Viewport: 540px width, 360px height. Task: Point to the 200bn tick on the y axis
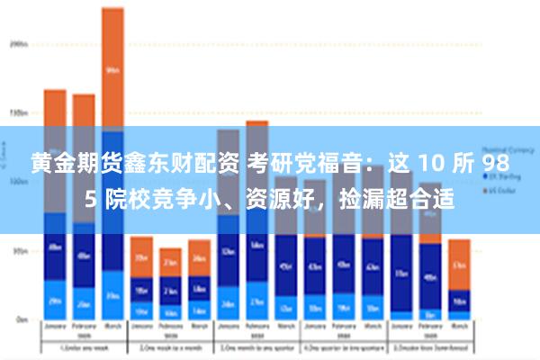pyautogui.click(x=17, y=43)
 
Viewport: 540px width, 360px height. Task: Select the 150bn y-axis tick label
pyautogui.click(x=17, y=112)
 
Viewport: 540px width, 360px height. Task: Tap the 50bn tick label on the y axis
pyautogui.click(x=17, y=251)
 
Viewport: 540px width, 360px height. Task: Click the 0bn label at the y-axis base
pyautogui.click(x=19, y=319)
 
